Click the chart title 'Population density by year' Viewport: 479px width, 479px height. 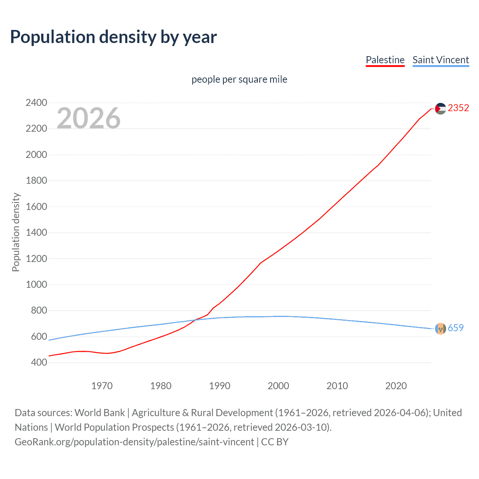tap(113, 37)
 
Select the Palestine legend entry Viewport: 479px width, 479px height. tap(385, 60)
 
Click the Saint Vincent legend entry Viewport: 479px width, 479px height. tap(440, 60)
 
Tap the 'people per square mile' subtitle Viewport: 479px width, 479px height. tap(239, 79)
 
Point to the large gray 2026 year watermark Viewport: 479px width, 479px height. tap(89, 118)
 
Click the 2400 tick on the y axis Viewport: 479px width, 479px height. tap(36, 103)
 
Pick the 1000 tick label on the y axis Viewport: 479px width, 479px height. tap(36, 284)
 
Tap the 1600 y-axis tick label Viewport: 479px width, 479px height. tap(36, 207)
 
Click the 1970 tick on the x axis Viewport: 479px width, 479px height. tap(102, 386)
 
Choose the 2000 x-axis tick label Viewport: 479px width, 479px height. tap(278, 386)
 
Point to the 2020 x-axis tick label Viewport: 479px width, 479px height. tap(396, 386)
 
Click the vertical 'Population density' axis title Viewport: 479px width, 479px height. tap(16, 232)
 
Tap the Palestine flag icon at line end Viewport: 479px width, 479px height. tap(440, 109)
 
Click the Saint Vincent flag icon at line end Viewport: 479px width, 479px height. tap(440, 328)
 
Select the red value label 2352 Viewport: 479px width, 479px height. tap(458, 108)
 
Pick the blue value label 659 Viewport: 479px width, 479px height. tap(455, 328)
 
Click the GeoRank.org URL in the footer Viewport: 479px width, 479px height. tap(134, 442)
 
